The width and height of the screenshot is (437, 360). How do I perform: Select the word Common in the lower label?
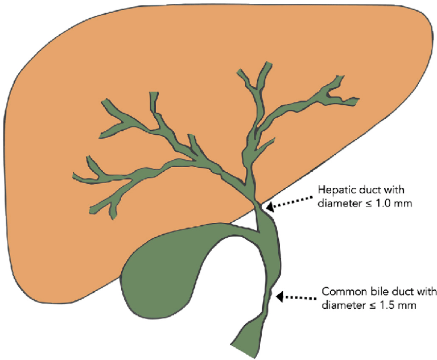tap(340, 292)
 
